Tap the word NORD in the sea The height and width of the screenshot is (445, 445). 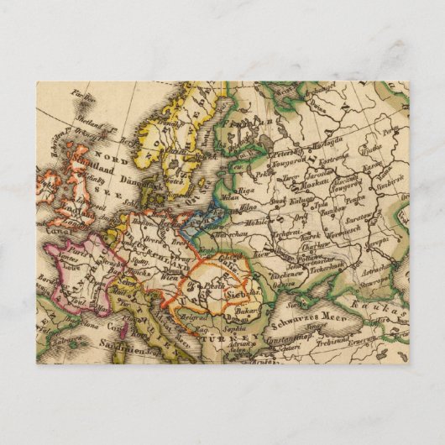[x=107, y=154]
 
